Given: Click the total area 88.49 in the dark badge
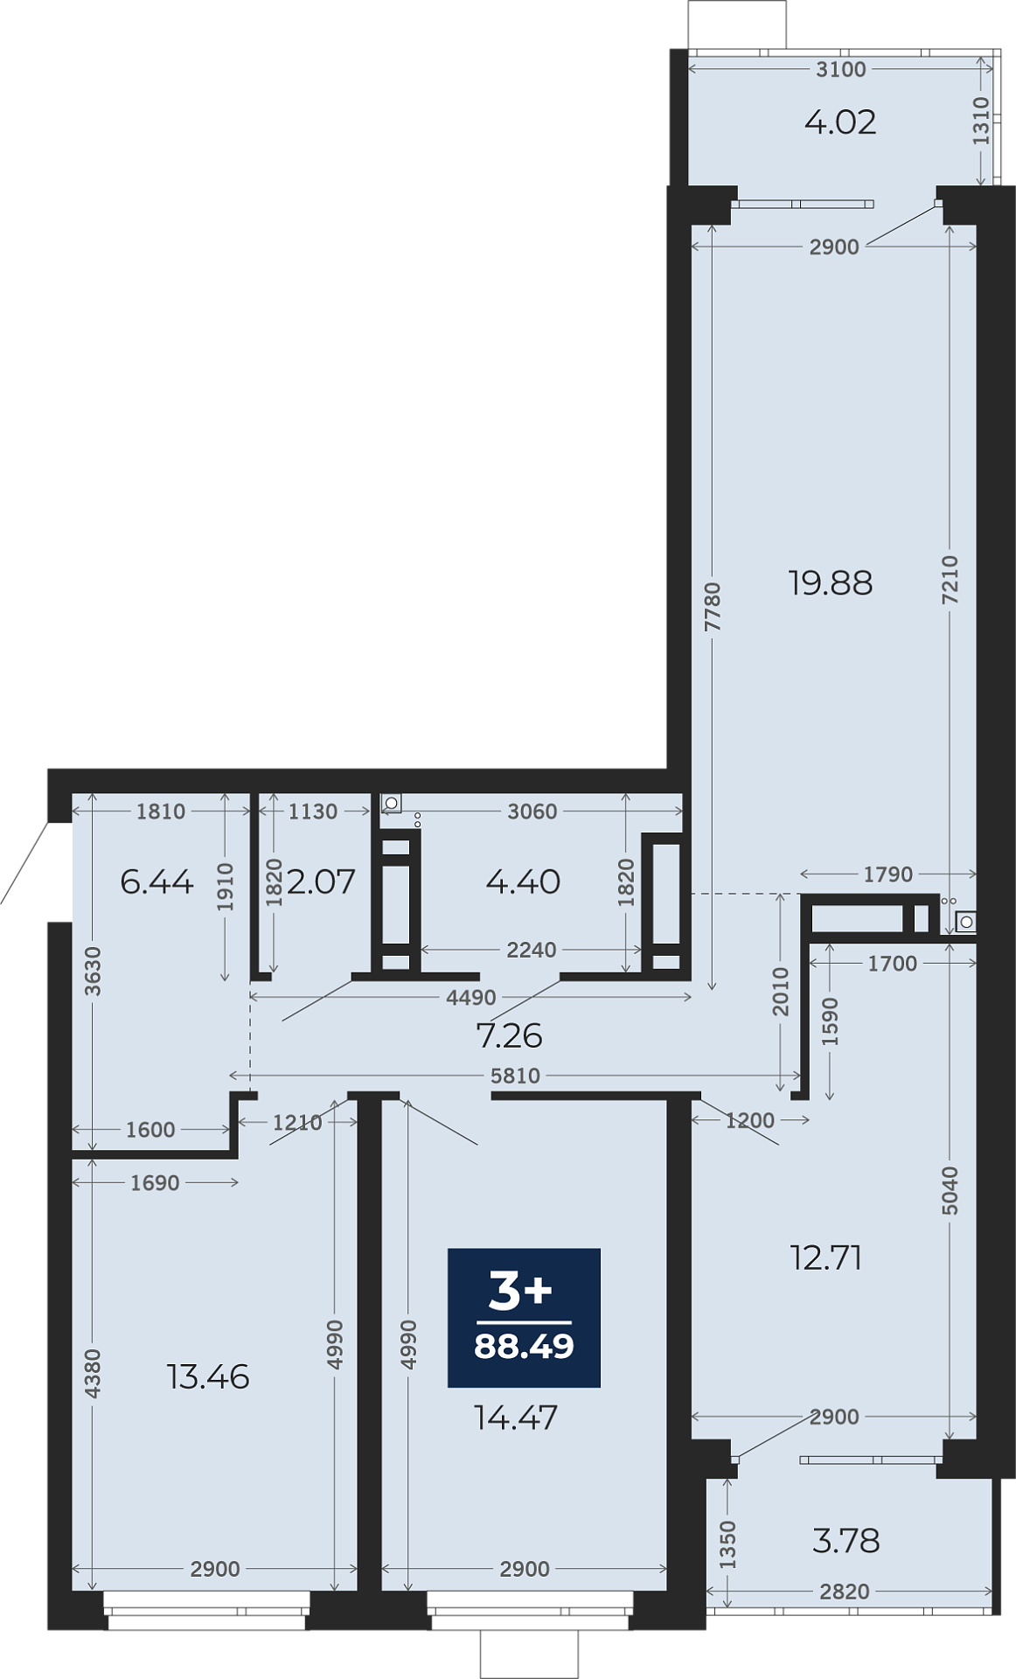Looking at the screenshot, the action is coord(524,1346).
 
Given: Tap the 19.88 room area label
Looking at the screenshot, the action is coord(830,583).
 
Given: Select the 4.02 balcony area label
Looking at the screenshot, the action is coord(840,122).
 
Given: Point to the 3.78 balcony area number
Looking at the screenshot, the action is coord(846,1540).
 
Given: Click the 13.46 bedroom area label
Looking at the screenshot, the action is coord(208,1376).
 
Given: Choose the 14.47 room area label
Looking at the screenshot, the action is coord(516,1417).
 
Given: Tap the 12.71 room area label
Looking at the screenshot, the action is coord(826,1258).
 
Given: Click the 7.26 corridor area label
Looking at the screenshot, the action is coord(509,1035).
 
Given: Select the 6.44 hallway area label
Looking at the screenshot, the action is coord(157,881).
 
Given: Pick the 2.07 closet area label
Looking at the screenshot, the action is coord(321,881).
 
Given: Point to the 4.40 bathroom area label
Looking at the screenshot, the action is coord(523,881).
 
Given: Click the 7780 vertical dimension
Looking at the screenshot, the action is coord(713,607).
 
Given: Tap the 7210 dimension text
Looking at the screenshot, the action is coord(950,580).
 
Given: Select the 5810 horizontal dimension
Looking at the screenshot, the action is coord(515,1076).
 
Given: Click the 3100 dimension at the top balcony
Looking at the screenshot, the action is coord(841,69).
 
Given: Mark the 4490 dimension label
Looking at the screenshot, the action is coord(470,997).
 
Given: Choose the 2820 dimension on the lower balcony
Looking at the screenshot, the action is coord(845,1592).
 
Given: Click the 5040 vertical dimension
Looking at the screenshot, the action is coord(950,1190).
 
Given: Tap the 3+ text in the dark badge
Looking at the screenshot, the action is coord(520,1290).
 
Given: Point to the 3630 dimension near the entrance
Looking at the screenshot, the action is coord(93,972).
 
